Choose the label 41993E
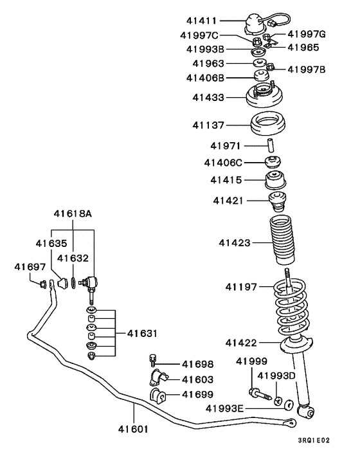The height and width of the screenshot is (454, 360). [x=227, y=408]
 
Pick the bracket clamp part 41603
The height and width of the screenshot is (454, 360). [x=156, y=378]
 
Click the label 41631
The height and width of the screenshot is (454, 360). [x=142, y=333]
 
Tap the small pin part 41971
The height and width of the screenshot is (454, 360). [x=271, y=146]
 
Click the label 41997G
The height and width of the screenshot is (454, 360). [x=307, y=33]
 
